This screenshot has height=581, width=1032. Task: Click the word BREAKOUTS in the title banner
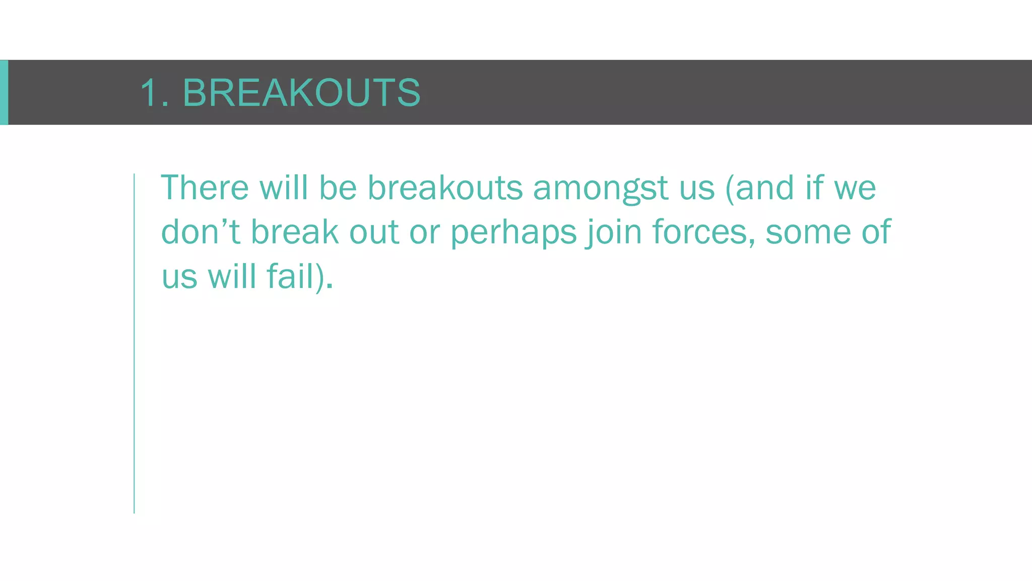[x=301, y=93]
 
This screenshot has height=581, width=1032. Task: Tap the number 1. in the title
[x=154, y=93]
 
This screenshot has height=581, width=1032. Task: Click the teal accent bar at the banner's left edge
[x=4, y=92]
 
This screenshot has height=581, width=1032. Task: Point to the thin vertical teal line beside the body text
[x=134, y=343]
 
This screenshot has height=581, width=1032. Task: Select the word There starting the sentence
[x=205, y=188]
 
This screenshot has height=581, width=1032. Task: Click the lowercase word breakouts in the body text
[x=445, y=188]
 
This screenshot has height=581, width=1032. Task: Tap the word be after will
[x=338, y=188]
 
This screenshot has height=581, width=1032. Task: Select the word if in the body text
[x=813, y=188]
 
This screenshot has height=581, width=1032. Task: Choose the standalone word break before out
[x=295, y=232]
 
